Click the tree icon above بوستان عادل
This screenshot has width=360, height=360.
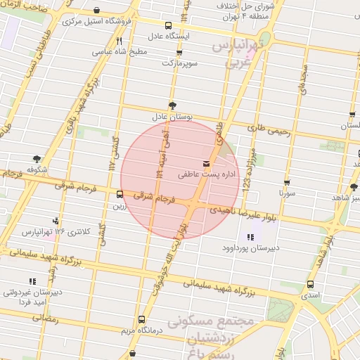coord(172,105)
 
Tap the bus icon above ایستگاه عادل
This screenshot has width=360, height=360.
coord(167,25)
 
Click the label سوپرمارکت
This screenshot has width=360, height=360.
coord(180,63)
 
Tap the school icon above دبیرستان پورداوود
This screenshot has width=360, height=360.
coord(250,237)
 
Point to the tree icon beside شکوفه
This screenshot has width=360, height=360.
coord(37,160)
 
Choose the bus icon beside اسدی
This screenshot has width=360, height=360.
coord(310,284)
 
